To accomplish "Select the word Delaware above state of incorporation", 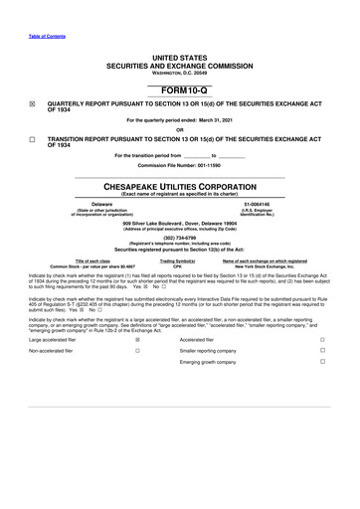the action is pos(95,204).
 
